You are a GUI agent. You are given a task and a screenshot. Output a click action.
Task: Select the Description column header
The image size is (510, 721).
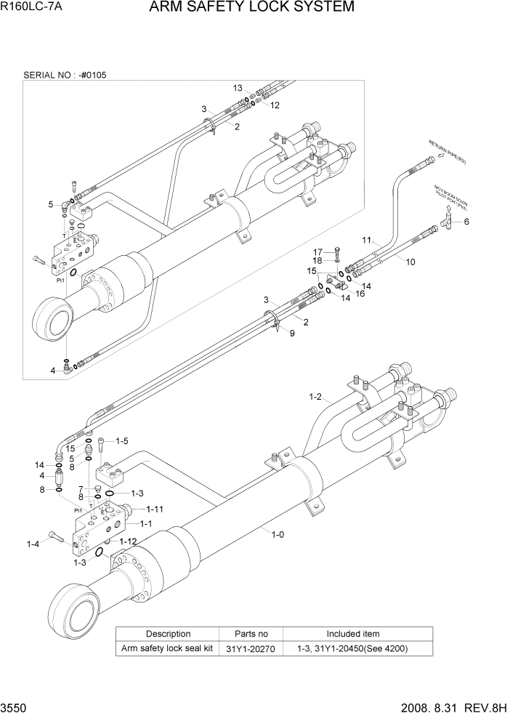(168, 634)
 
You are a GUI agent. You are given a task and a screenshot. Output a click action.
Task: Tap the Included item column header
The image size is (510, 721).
(352, 634)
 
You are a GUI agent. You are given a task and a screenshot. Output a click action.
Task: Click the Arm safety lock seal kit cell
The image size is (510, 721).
(167, 648)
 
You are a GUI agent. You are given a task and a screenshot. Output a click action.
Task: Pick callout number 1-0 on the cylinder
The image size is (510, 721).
(278, 536)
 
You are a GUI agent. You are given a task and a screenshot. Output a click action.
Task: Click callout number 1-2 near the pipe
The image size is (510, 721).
(315, 397)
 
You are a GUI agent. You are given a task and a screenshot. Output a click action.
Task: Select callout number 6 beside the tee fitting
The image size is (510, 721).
(466, 222)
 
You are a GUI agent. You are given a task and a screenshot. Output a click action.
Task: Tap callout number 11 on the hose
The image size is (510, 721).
(367, 239)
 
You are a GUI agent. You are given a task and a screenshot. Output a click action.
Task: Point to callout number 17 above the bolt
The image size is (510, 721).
(317, 252)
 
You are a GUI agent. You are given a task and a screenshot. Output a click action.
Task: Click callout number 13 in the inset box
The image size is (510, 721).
(238, 88)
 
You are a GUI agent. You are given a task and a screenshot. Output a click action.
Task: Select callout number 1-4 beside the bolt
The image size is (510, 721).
(33, 544)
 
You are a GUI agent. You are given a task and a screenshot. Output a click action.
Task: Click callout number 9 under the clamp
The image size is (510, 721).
(292, 334)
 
